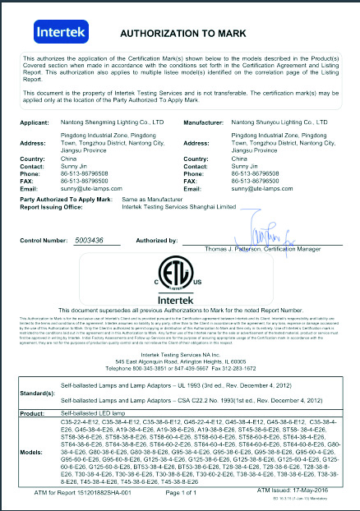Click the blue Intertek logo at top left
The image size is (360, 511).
pyautogui.click(x=58, y=32)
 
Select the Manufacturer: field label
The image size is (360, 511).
pyautogui.click(x=207, y=122)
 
